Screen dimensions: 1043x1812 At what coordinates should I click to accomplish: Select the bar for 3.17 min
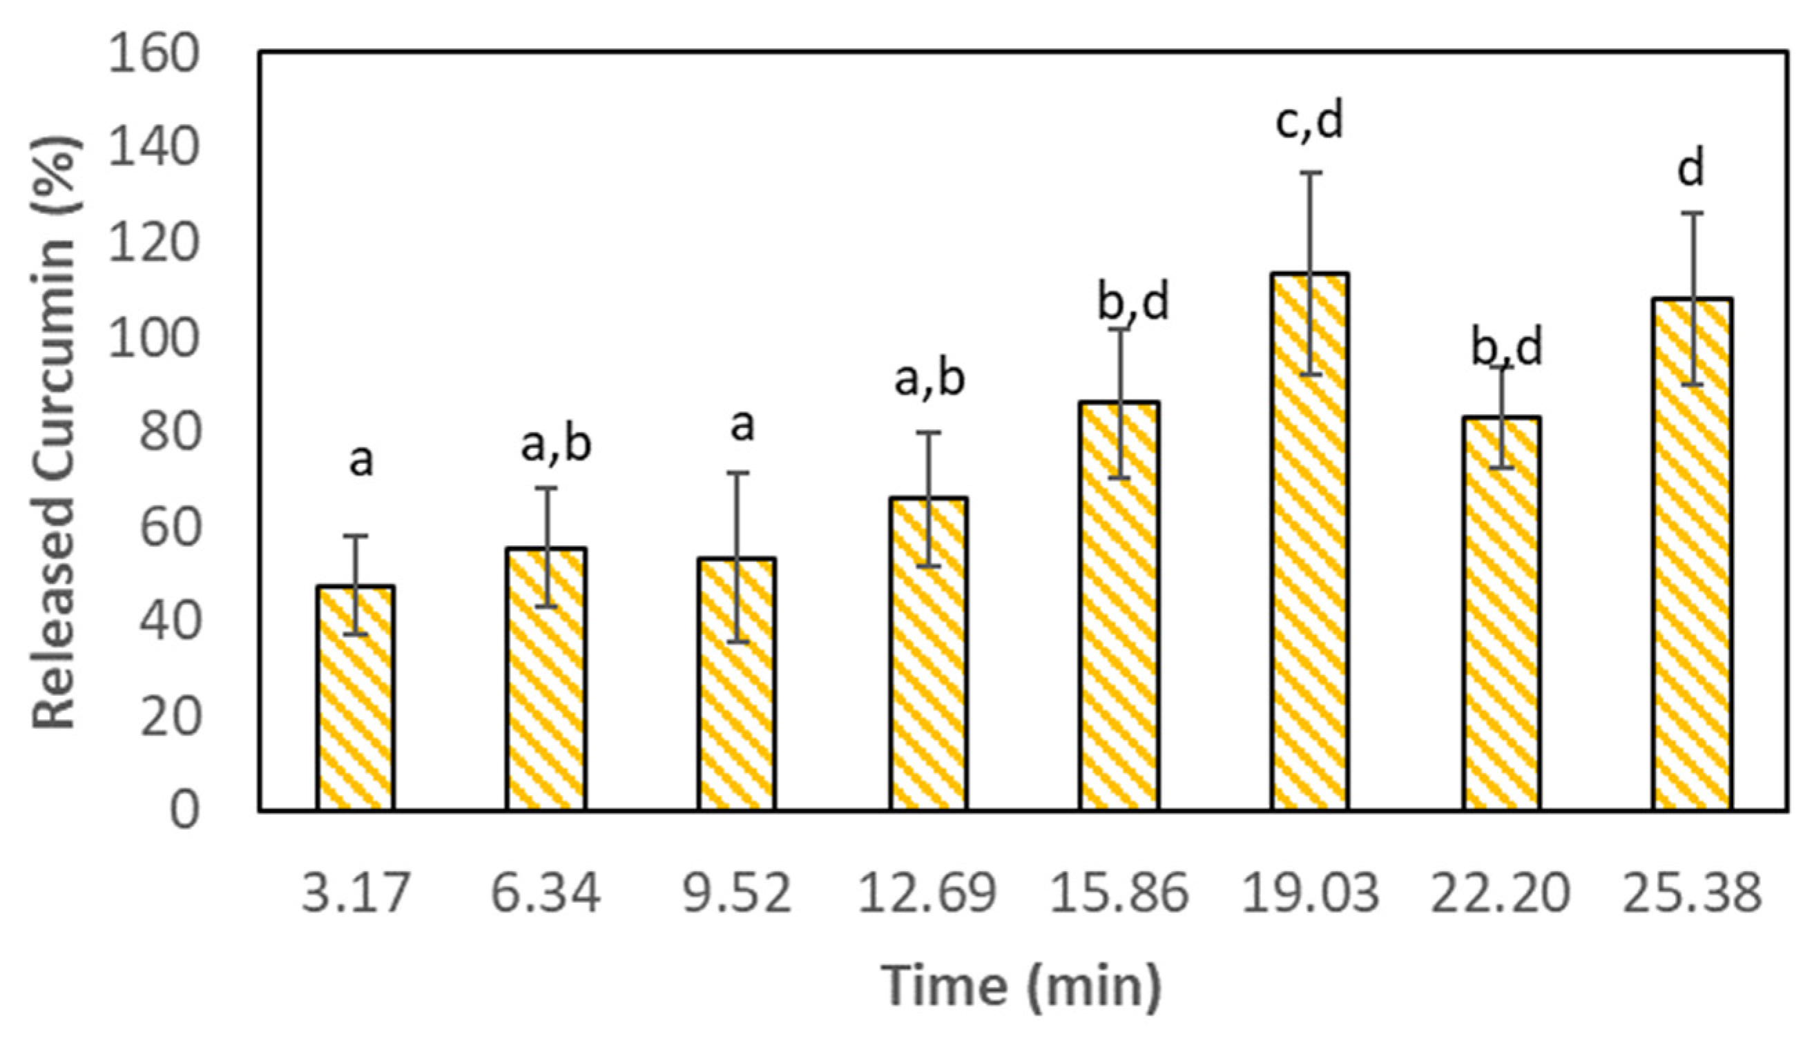click(x=356, y=698)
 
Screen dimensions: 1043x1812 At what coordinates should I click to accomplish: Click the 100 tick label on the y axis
click(x=151, y=339)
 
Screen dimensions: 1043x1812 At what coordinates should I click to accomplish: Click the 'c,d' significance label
click(x=1310, y=121)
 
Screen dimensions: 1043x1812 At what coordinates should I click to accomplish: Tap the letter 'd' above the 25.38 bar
click(x=1692, y=169)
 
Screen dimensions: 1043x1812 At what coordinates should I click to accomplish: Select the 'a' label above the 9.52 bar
click(x=742, y=425)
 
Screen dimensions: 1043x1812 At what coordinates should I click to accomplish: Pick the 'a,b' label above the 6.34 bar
click(x=556, y=444)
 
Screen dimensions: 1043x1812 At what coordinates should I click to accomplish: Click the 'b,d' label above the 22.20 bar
click(x=1507, y=347)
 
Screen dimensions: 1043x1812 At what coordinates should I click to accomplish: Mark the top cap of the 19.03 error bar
click(x=1311, y=173)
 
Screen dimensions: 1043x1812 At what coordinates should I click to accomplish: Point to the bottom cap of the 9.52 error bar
click(x=738, y=641)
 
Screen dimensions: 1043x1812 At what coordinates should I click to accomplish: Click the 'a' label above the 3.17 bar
click(x=361, y=460)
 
